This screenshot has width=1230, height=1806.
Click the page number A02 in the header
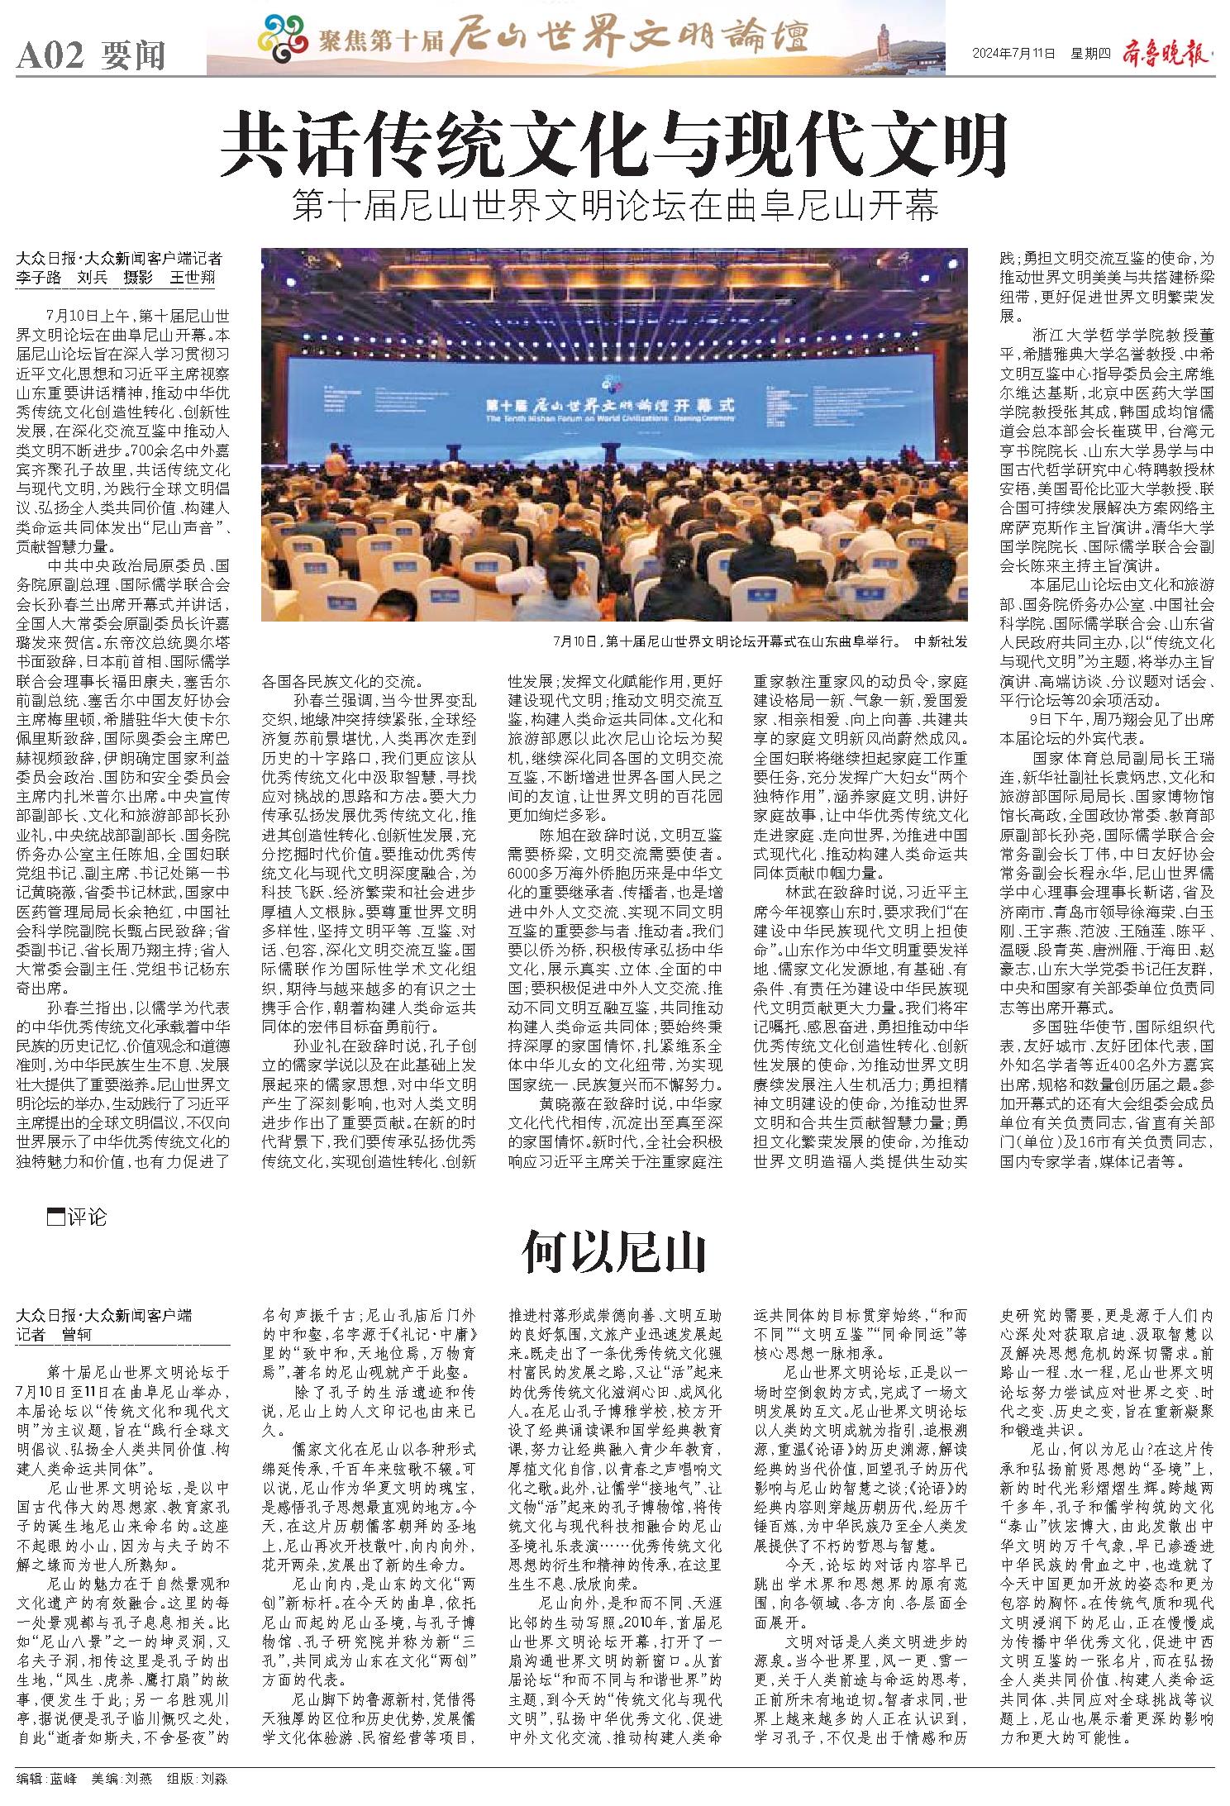[50, 56]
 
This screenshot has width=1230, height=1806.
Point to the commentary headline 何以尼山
[614, 1253]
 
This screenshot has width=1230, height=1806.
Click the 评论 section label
[87, 1218]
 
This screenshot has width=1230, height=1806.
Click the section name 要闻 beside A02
[133, 56]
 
